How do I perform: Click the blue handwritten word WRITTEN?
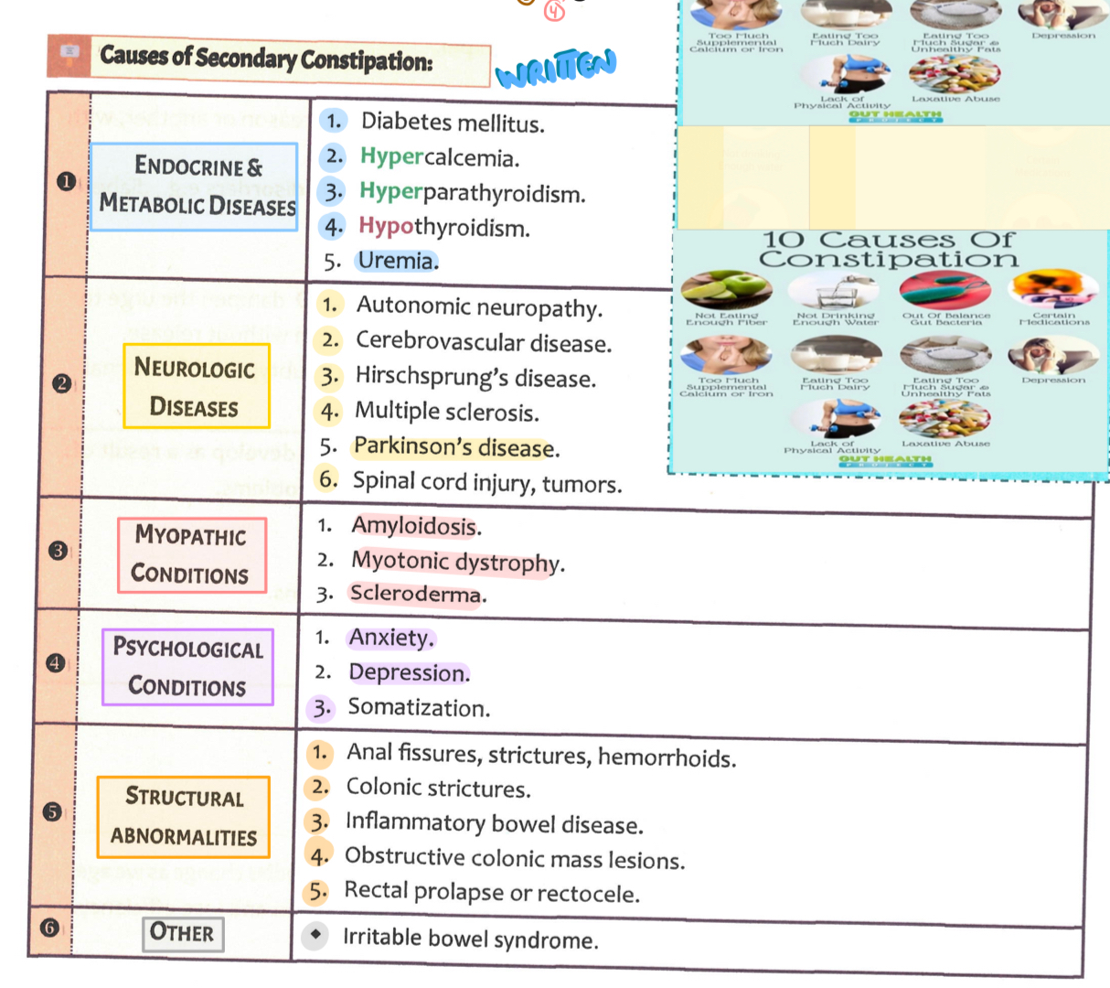[556, 67]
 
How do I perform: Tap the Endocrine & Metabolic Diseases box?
[195, 186]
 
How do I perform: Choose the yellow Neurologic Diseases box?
[196, 386]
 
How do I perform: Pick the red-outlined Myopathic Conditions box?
[191, 555]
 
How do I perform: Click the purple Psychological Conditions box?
[187, 667]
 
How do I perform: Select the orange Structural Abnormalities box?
[184, 816]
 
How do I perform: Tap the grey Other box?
[182, 933]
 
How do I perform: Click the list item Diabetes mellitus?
[452, 123]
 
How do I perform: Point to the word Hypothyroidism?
[443, 227]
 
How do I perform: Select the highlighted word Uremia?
[397, 261]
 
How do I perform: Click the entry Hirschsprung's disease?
[475, 377]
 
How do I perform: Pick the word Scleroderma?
[416, 594]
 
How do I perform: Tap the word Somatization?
[418, 708]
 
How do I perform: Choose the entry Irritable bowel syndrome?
[470, 940]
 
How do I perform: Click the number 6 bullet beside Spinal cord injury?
[328, 479]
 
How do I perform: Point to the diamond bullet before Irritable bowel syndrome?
[315, 935]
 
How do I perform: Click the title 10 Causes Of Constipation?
[888, 249]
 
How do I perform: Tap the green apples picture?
[727, 289]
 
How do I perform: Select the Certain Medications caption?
[1054, 318]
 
